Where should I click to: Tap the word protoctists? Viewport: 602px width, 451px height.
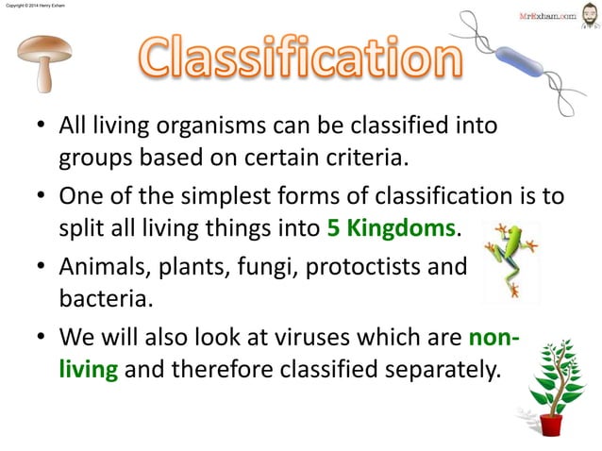(x=349, y=266)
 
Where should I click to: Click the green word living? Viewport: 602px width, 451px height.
(x=89, y=368)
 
